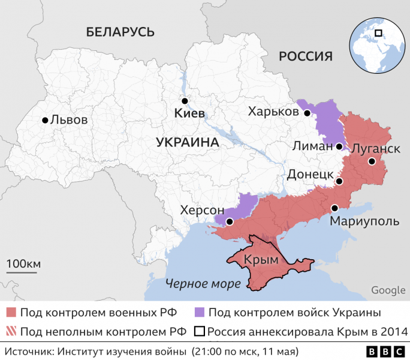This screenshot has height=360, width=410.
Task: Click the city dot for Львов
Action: click(x=45, y=120)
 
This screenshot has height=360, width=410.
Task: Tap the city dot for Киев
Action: click(x=185, y=101)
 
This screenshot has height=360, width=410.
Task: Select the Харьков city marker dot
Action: click(x=306, y=113)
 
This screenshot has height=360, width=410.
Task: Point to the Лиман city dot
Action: click(x=339, y=146)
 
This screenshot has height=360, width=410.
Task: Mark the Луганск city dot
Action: click(x=372, y=161)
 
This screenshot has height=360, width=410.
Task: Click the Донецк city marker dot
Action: click(x=339, y=181)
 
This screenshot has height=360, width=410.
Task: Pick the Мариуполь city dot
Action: click(x=335, y=208)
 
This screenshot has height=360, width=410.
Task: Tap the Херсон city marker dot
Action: click(x=229, y=221)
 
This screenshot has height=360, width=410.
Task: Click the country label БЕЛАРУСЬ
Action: click(x=120, y=32)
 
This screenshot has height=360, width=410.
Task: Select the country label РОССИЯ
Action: click(x=306, y=56)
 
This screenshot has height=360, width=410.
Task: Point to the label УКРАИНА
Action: click(x=187, y=142)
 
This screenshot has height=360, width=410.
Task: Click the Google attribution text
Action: click(x=388, y=290)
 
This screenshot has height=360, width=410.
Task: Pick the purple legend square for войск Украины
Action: click(x=201, y=313)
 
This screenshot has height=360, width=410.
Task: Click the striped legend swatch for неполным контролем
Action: click(x=11, y=331)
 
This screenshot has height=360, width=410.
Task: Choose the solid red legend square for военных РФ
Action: click(x=11, y=313)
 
